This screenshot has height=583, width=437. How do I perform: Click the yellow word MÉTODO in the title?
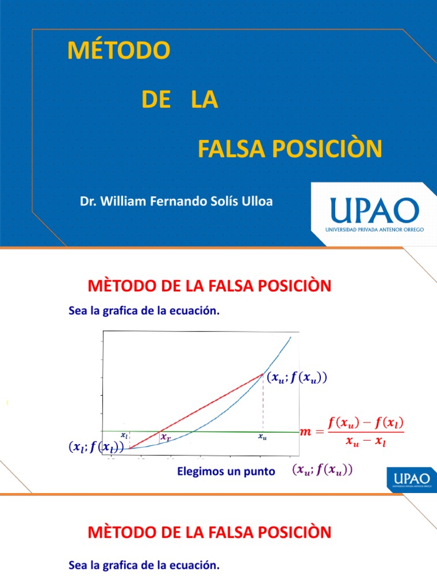pos(118,51)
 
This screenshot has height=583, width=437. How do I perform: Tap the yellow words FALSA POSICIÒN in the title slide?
pos(290,149)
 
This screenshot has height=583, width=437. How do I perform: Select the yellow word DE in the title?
pos(156,100)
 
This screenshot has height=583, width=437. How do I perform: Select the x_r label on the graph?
pos(166,437)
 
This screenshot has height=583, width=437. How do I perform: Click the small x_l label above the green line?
pos(124,435)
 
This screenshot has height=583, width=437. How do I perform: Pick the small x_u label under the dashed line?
pos(262,437)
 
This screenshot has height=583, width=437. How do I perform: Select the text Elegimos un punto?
pos(226,471)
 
